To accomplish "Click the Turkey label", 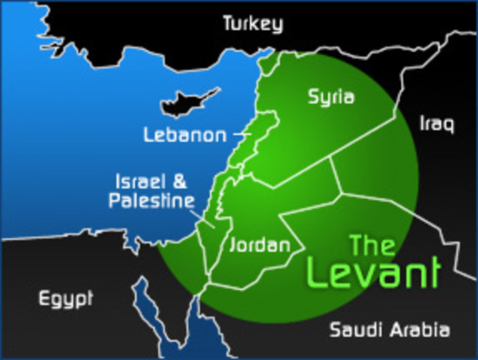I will (252, 24).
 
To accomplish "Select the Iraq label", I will (437, 124).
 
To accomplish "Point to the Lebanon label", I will (184, 135).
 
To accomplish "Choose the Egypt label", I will (66, 298).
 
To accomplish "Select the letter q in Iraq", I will (448, 126).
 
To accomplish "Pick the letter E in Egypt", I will (44, 298).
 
